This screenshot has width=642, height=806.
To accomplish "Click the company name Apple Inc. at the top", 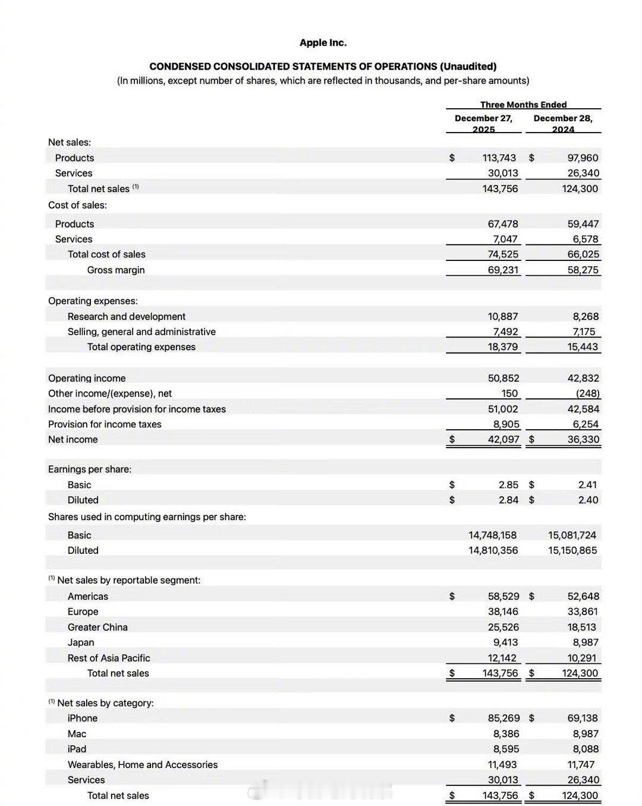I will tap(323, 43).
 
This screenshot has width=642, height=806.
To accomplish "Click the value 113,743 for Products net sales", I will tap(499, 158).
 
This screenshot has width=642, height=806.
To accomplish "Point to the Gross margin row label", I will tap(116, 270).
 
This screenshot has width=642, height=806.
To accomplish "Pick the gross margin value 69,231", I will tap(502, 270).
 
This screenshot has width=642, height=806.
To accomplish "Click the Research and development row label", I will tap(126, 316).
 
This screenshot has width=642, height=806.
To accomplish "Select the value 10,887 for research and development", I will tap(502, 316).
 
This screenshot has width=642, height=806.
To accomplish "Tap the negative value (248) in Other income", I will tap(587, 393).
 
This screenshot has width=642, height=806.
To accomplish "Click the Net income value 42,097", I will tap(503, 439).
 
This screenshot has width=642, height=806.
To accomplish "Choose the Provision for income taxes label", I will tap(105, 424).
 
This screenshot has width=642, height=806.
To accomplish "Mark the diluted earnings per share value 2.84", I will tap(508, 500).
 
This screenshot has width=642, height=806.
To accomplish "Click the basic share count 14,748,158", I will tap(493, 535).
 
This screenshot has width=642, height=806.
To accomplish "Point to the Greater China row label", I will tap(97, 627).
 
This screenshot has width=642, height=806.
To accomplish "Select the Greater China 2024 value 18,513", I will tap(583, 627).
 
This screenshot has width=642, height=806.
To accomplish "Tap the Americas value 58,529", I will tap(503, 596).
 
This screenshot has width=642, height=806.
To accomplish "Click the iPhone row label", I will tap(83, 718).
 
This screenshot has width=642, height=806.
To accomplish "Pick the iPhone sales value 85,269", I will tap(503, 718).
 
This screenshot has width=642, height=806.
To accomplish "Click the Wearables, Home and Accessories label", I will tap(143, 764).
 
